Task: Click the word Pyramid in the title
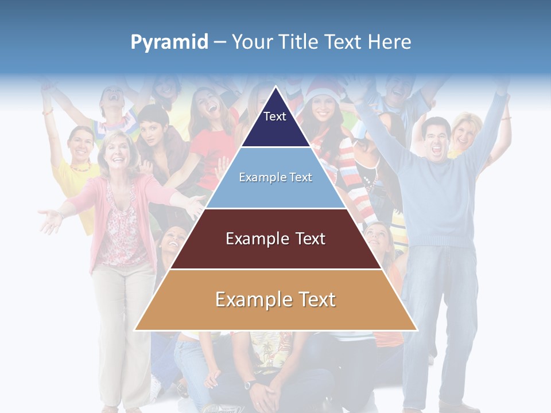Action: (x=169, y=42)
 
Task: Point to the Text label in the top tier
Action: (x=274, y=116)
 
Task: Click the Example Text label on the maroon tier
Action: (x=275, y=239)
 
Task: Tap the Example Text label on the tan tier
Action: (x=275, y=299)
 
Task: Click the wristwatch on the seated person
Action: (x=250, y=384)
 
